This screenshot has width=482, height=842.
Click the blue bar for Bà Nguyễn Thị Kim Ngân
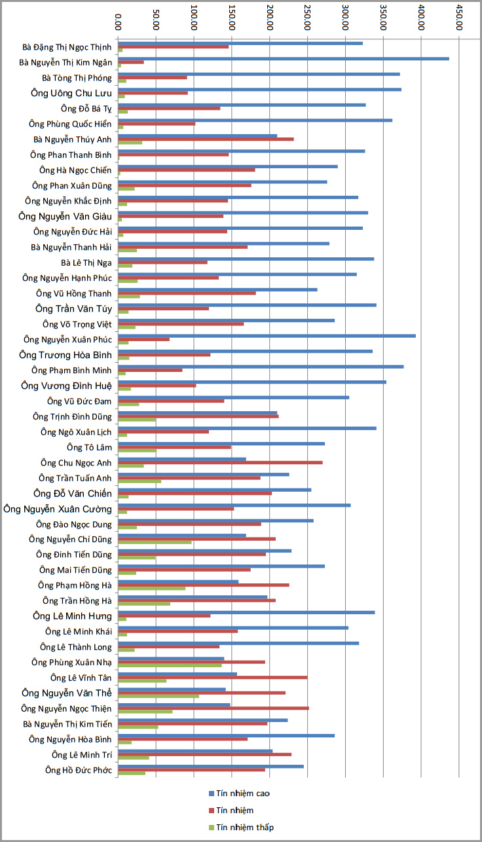tap(284, 59)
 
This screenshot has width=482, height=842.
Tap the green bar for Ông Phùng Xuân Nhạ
tap(170, 665)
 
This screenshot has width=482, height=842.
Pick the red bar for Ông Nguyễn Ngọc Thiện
tap(213, 708)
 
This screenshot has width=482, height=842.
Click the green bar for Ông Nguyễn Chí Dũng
tap(155, 542)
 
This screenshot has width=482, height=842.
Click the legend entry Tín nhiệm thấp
tap(245, 827)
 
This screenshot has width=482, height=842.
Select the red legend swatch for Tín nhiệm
tap(211, 811)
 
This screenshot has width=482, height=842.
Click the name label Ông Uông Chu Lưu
tap(71, 93)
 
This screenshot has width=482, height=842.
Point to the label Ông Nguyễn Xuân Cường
tap(58, 508)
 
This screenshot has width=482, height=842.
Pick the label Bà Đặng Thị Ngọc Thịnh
tap(67, 47)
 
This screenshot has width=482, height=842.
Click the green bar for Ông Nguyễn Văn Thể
tap(158, 696)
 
